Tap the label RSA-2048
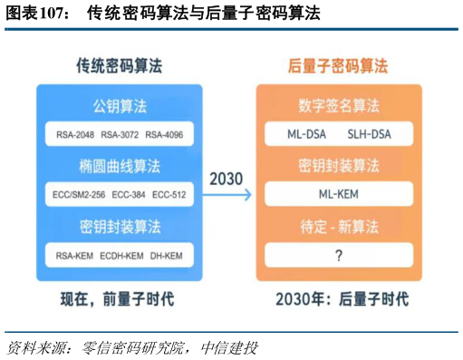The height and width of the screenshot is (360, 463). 74,135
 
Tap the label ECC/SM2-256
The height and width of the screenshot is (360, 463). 79,195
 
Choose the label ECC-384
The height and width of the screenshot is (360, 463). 130,195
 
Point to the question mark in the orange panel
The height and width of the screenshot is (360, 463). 338,256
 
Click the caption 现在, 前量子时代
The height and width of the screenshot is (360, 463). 118,299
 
